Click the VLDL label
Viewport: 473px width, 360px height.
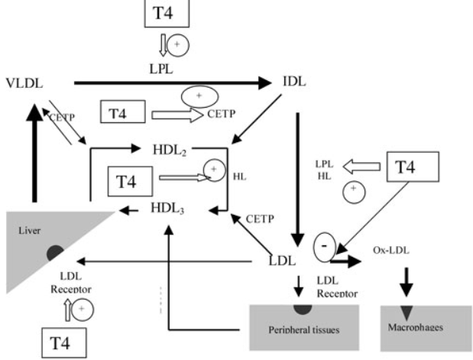tap(24, 83)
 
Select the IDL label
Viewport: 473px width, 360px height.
tap(294, 82)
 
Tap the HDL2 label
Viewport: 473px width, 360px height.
tap(170, 150)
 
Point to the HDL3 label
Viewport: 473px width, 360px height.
tap(167, 208)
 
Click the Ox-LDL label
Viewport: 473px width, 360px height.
tap(391, 250)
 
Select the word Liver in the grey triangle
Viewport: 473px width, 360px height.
tap(30, 231)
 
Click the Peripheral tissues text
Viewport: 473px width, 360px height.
tap(304, 330)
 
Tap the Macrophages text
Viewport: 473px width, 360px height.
tap(416, 327)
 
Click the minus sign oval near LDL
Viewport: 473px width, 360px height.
tap(325, 247)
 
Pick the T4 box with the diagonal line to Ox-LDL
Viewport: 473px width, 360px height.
tap(413, 167)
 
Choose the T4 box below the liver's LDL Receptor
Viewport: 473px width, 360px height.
tap(64, 342)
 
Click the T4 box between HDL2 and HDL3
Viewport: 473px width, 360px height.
tap(131, 181)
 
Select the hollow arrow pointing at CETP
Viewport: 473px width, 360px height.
tap(177, 115)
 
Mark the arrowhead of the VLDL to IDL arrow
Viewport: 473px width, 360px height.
tap(265, 83)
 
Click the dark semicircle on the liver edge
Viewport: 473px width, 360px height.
tap(55, 252)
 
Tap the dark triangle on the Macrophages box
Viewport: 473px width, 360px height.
tap(407, 313)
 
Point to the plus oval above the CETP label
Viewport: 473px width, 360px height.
tap(199, 96)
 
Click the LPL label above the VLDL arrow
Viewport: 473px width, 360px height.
tap(161, 69)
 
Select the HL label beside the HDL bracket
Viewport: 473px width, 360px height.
tap(239, 177)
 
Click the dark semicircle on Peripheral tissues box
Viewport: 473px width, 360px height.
tap(303, 309)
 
